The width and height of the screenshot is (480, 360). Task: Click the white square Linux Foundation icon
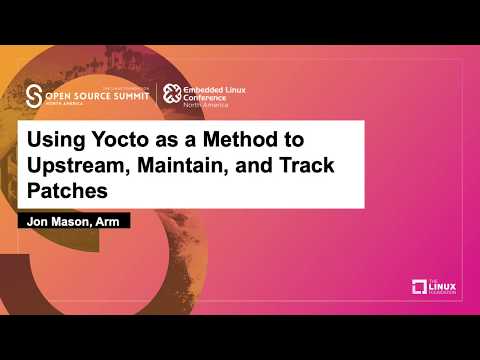(x=420, y=288)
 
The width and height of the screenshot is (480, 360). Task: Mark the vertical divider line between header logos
(x=156, y=94)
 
